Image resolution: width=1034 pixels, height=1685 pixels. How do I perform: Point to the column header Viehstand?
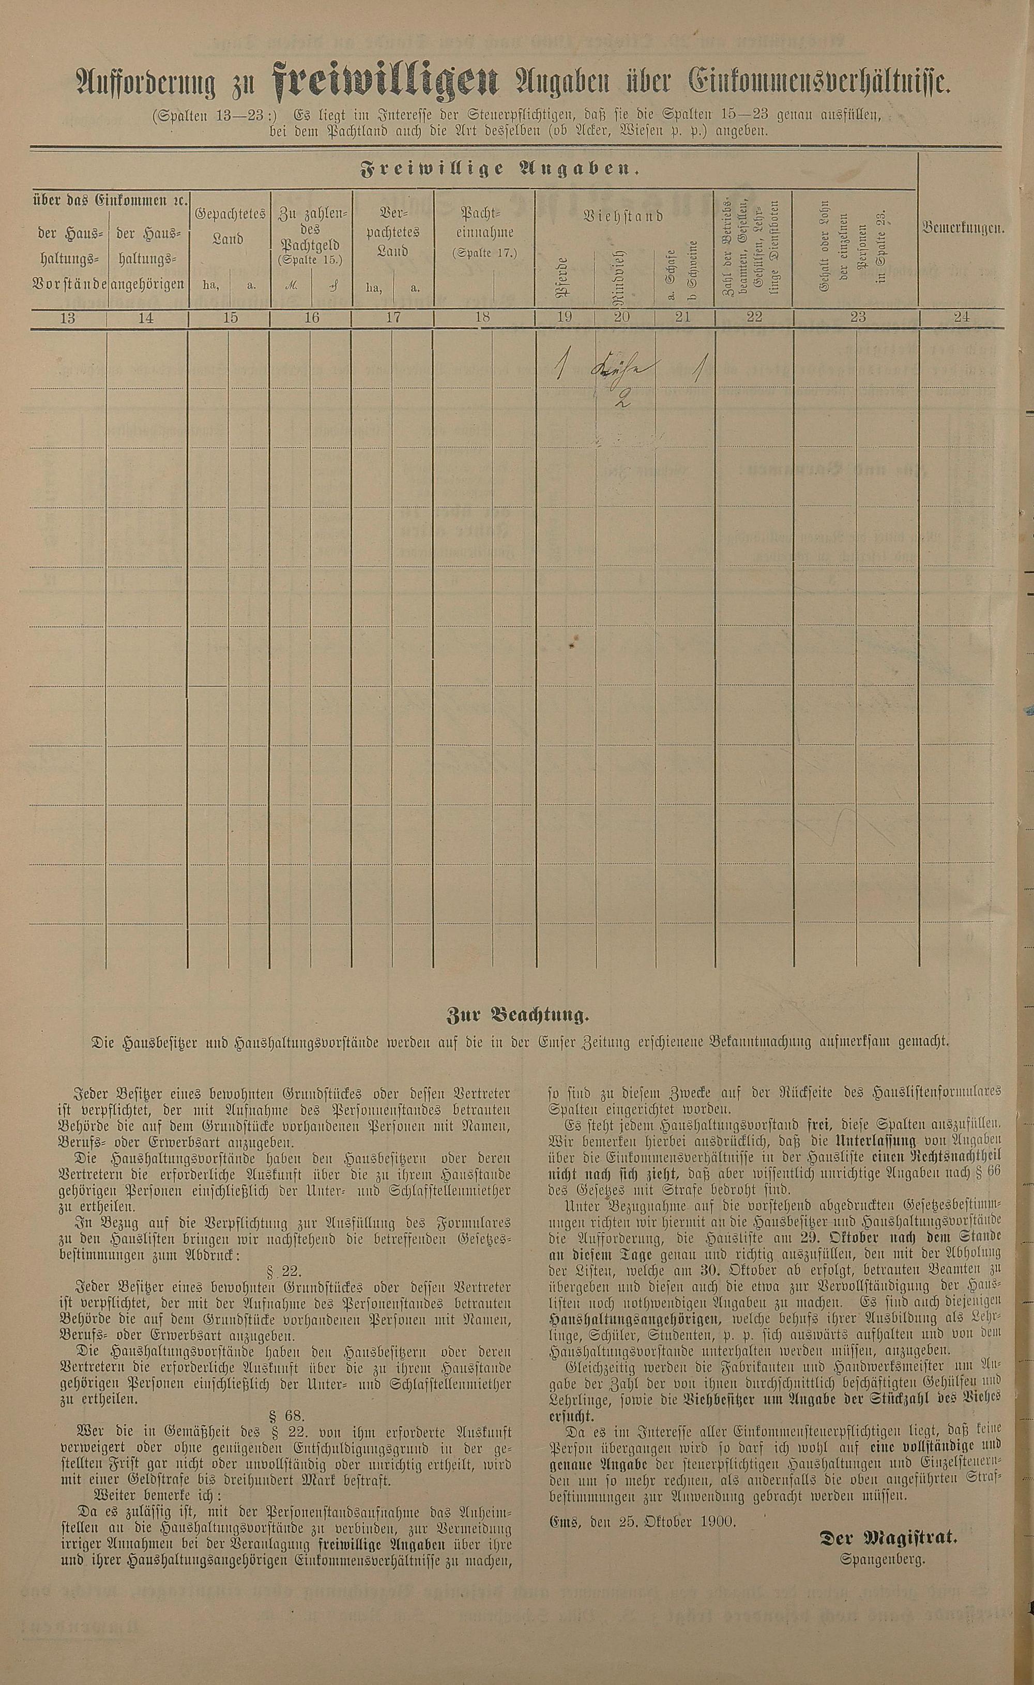pos(623,217)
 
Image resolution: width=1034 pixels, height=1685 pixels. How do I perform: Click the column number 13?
pos(68,317)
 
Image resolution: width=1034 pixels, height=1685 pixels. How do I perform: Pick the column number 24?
pos(962,317)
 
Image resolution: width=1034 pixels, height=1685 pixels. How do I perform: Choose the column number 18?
pos(483,317)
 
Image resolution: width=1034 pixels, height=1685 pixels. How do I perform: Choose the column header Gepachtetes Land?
pos(230,226)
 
